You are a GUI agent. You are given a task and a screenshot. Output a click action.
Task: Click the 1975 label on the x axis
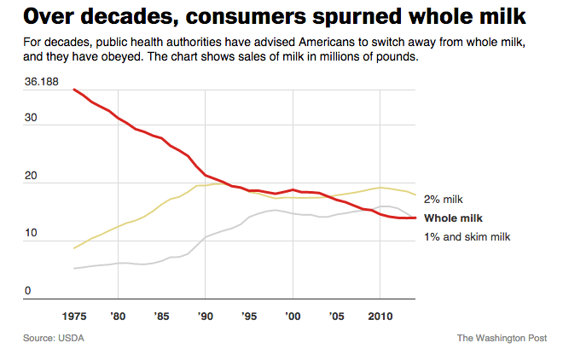click(74, 316)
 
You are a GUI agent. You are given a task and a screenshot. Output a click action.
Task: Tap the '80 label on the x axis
click(118, 316)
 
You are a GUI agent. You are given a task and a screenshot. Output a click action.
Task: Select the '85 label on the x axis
click(161, 316)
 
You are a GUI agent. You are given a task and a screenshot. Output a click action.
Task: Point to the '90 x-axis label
click(205, 316)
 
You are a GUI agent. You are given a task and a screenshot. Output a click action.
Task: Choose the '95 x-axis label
click(248, 316)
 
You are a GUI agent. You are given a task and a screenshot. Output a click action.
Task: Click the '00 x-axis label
click(293, 316)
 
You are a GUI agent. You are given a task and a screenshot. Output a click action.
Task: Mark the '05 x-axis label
click(336, 316)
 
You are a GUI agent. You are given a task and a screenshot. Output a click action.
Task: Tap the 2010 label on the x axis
click(380, 316)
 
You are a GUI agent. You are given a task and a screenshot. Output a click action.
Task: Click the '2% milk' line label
click(444, 199)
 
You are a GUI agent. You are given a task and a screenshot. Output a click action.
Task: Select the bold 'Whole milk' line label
click(453, 218)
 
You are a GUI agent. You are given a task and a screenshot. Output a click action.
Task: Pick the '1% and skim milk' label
click(467, 236)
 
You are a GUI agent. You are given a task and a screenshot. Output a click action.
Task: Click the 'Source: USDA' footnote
click(54, 339)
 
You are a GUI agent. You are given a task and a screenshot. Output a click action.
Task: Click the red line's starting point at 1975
click(74, 90)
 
